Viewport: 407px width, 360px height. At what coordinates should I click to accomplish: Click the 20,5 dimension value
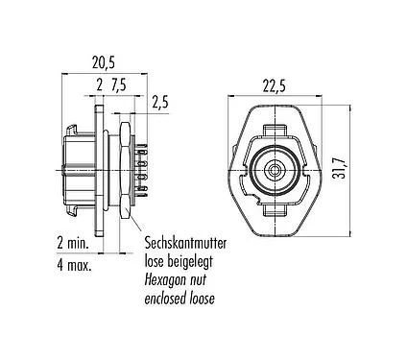[x=104, y=62]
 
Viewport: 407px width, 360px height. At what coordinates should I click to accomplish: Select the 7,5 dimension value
[x=118, y=85]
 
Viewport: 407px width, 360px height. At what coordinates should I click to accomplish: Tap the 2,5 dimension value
[x=159, y=103]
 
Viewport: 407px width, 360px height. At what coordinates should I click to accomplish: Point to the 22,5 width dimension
[x=275, y=86]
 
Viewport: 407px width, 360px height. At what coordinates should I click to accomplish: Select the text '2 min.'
[x=72, y=244]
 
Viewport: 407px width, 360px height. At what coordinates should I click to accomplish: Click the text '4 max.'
[x=74, y=265]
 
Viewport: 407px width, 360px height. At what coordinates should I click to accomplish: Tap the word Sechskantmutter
[x=185, y=243]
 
